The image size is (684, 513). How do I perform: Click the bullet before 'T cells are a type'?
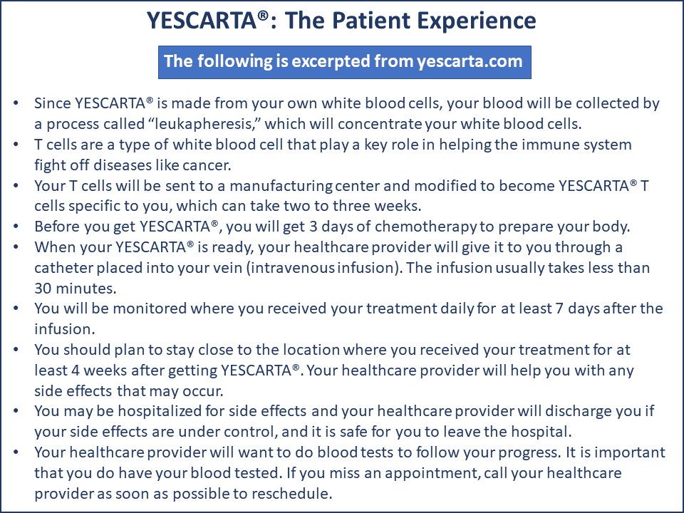pyautogui.click(x=16, y=144)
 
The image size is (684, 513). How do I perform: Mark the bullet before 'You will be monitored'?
pyautogui.click(x=16, y=309)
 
